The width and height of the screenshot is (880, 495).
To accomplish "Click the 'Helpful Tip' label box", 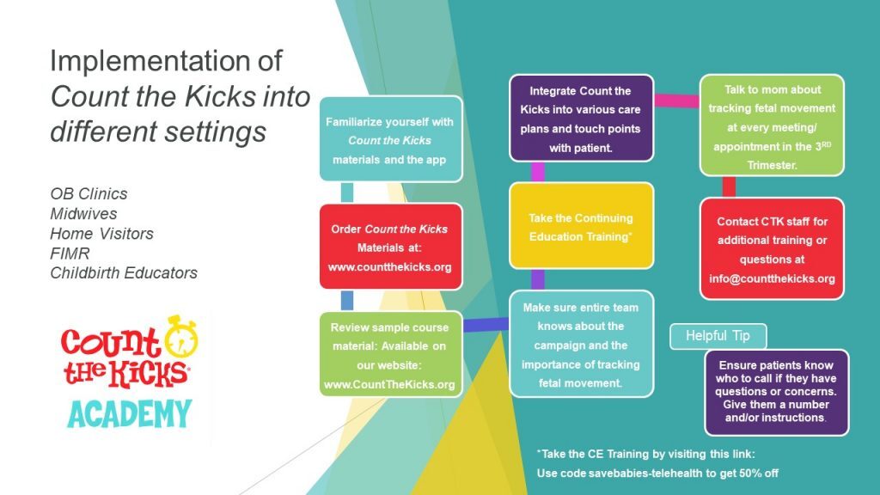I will (x=717, y=336).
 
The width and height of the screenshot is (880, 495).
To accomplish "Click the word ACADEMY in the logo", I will (x=129, y=414).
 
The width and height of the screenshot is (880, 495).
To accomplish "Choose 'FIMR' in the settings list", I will (x=70, y=253).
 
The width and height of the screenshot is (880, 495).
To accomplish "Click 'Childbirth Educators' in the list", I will (x=124, y=273).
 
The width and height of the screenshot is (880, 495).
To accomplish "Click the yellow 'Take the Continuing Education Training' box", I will (x=580, y=225).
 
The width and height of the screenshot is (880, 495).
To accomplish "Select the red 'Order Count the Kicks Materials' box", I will (x=390, y=247).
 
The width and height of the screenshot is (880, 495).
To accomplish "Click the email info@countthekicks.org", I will (x=772, y=279).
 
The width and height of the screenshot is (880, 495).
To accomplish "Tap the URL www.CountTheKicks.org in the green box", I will (x=391, y=384).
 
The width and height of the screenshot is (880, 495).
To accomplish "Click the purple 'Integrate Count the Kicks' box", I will (x=580, y=119).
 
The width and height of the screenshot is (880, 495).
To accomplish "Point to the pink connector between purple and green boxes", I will (x=675, y=101).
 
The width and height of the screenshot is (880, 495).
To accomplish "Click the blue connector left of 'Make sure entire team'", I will (x=486, y=324).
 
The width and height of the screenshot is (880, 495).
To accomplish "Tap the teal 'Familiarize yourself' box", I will (x=390, y=140).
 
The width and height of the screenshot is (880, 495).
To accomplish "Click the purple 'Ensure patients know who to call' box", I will (x=776, y=391).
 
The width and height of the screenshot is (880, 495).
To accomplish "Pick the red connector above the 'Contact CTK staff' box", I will (x=728, y=186).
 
